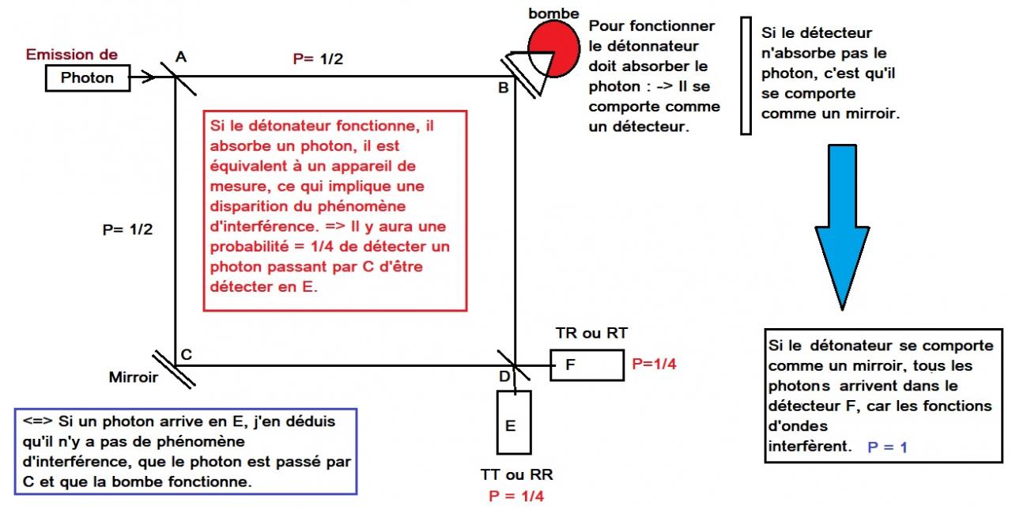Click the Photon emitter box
(88, 77)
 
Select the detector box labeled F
(587, 365)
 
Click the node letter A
(181, 56)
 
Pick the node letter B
(503, 88)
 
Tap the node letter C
(187, 355)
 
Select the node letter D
(504, 376)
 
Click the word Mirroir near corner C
(133, 378)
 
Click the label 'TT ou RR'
(516, 475)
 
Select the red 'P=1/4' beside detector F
(655, 365)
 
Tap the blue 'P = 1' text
(887, 447)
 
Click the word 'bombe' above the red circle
(554, 13)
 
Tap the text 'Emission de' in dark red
(72, 55)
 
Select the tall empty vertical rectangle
(746, 76)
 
